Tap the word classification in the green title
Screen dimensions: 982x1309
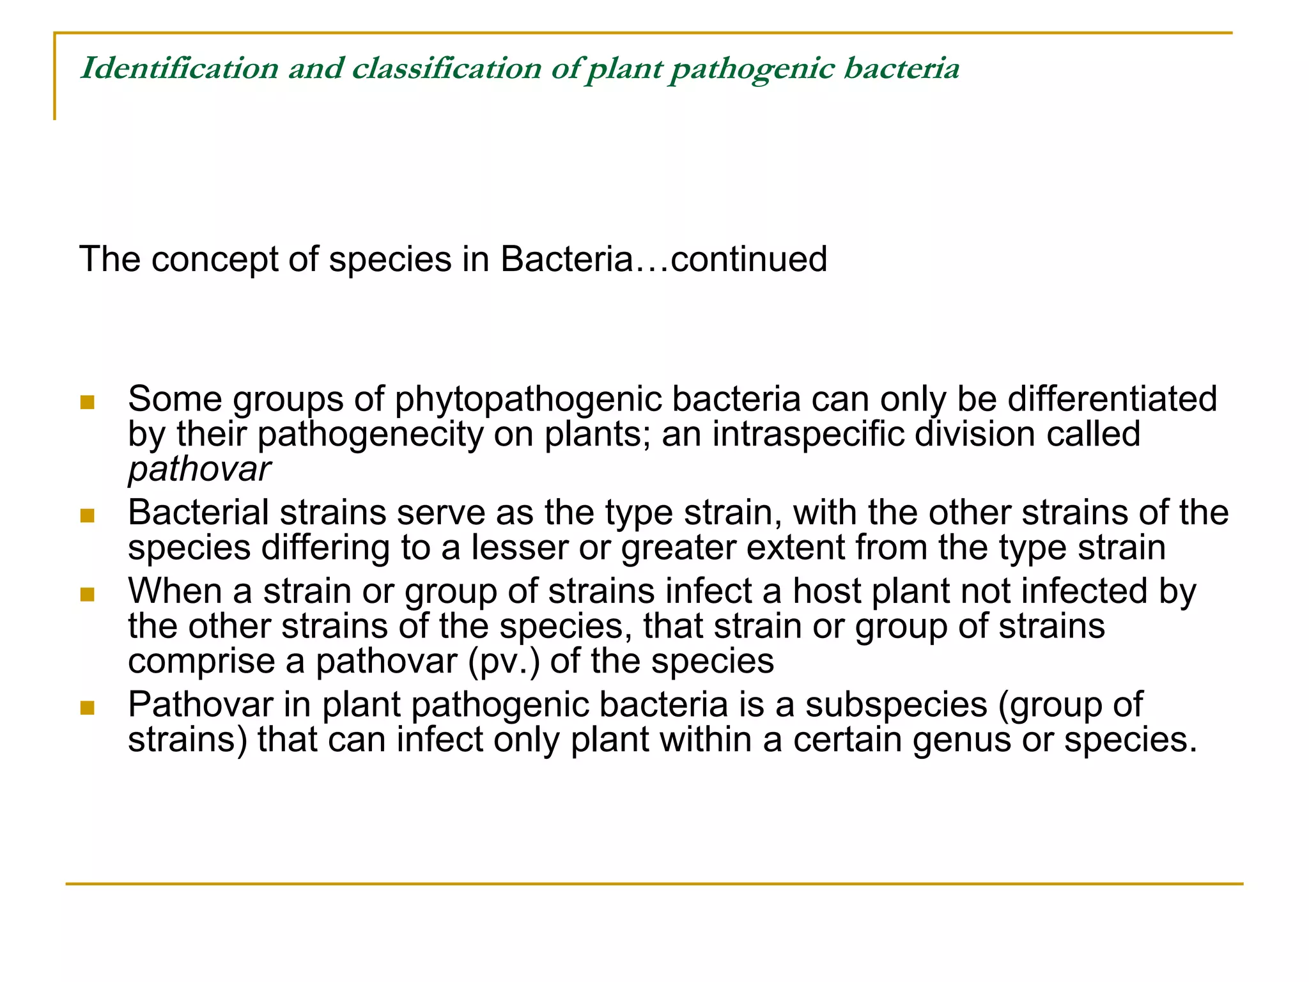tap(447, 68)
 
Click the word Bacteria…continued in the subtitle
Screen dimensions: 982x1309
tap(663, 260)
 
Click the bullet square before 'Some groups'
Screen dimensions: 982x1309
tap(88, 403)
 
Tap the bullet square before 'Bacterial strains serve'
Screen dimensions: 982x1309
tap(88, 516)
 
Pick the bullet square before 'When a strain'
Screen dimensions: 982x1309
tap(88, 595)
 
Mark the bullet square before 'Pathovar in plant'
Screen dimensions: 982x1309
tap(88, 708)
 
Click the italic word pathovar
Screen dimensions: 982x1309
tap(199, 470)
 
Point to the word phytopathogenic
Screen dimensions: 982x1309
tap(527, 400)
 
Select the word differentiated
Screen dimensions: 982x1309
tap(1112, 400)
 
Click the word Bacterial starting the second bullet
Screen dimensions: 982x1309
tap(199, 513)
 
